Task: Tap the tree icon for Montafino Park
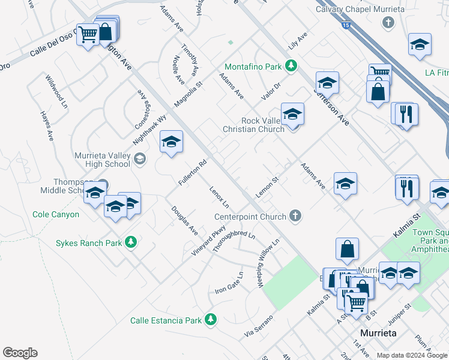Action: click(x=291, y=65)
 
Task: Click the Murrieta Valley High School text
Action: click(x=101, y=159)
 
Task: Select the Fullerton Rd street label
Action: click(x=192, y=172)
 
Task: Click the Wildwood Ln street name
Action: click(x=55, y=90)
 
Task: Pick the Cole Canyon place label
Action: click(x=56, y=214)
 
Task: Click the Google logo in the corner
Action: click(x=20, y=353)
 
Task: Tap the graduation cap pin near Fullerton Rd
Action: click(x=171, y=143)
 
